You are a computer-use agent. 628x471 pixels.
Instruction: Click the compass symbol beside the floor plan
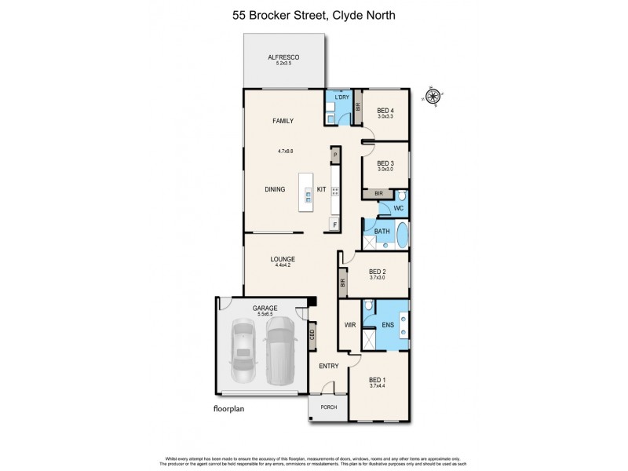click(431, 97)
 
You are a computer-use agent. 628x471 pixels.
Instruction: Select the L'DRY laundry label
click(341, 97)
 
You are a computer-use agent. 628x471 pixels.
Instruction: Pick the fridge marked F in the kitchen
click(335, 225)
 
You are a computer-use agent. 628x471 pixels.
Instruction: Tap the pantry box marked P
click(335, 155)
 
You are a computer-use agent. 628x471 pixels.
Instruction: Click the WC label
click(399, 209)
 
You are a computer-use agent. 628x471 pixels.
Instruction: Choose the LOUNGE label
click(282, 258)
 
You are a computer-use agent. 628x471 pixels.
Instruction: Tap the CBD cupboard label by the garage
click(312, 334)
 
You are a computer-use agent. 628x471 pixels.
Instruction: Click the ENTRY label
click(328, 366)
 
